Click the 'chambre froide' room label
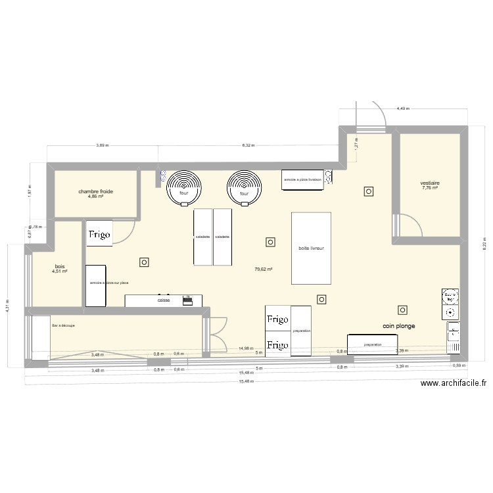click(x=96, y=191)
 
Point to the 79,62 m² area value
click(x=264, y=269)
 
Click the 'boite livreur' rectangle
click(x=311, y=248)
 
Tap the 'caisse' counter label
click(x=164, y=300)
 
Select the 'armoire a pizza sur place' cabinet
click(x=96, y=285)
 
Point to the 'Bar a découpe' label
click(x=63, y=325)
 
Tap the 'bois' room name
click(x=60, y=266)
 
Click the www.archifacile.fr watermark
click(x=453, y=385)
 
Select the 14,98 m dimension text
click(x=246, y=348)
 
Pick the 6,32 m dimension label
click(x=248, y=145)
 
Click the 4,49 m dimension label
click(x=403, y=109)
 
